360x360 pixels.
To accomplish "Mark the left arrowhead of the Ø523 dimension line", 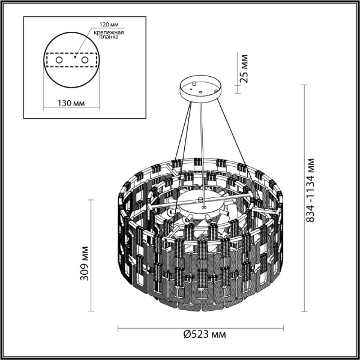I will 119,328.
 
